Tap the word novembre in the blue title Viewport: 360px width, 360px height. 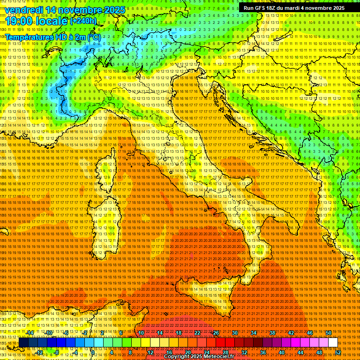(76, 10)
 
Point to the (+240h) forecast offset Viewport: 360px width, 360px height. (83, 21)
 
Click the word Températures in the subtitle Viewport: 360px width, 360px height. (28, 36)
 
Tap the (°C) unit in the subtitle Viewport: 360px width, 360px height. (93, 36)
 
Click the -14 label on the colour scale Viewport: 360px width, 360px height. (30, 333)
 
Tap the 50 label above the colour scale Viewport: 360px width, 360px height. (329, 333)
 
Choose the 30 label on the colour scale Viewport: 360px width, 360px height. (234, 333)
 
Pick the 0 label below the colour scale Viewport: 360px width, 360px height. (94, 352)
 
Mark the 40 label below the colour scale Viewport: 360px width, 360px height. (281, 352)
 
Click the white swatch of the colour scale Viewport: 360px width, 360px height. (333, 343)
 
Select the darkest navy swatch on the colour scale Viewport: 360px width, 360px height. (23, 343)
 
